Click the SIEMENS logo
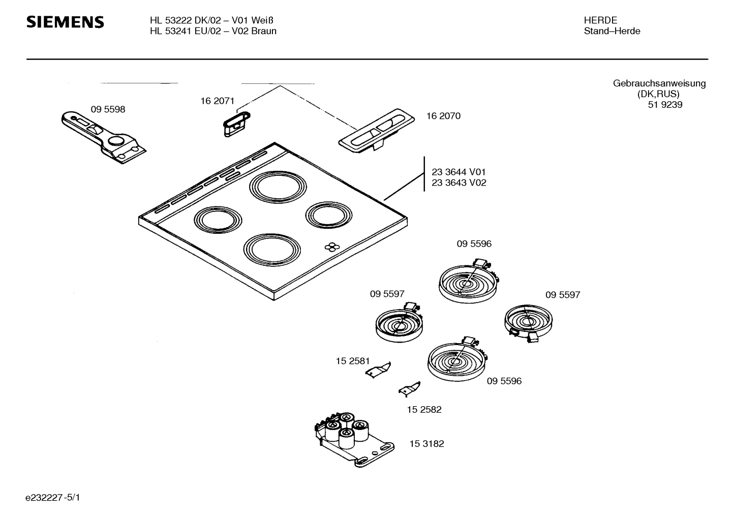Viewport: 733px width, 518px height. click(65, 22)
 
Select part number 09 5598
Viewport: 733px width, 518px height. click(108, 109)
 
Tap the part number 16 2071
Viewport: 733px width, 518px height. click(217, 101)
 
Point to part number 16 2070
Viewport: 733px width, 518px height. click(443, 116)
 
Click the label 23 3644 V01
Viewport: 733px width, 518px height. click(459, 172)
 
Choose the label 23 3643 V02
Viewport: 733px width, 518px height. click(459, 182)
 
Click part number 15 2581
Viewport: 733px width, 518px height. click(353, 361)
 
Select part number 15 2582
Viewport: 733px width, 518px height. click(424, 409)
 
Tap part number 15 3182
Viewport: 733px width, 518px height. click(426, 444)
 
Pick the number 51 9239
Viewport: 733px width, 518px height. click(665, 105)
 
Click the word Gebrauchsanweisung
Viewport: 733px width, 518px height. click(659, 83)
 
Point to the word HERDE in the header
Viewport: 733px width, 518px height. click(600, 20)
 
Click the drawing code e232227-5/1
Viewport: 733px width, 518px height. click(53, 497)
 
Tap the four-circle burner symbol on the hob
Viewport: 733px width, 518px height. click(332, 248)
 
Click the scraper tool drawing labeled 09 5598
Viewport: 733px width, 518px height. click(104, 137)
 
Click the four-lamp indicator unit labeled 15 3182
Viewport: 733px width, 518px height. click(354, 440)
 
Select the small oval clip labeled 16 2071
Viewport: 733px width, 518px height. click(236, 124)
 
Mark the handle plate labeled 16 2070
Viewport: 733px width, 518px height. click(376, 131)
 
